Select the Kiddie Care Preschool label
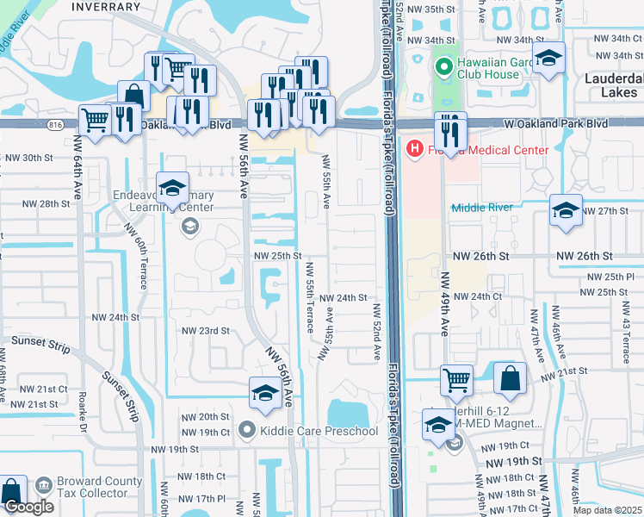tap(319, 431)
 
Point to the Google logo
tap(28, 507)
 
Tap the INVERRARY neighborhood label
tap(106, 6)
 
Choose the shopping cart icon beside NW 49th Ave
tap(456, 378)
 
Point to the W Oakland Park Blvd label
tap(558, 124)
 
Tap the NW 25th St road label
tap(276, 256)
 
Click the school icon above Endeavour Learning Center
tap(172, 189)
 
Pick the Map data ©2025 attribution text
tap(606, 510)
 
